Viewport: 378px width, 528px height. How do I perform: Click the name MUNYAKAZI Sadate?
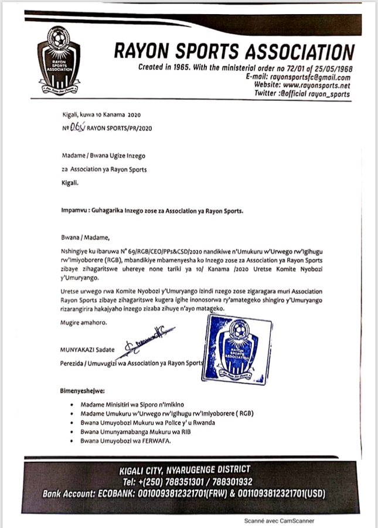click(x=86, y=350)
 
